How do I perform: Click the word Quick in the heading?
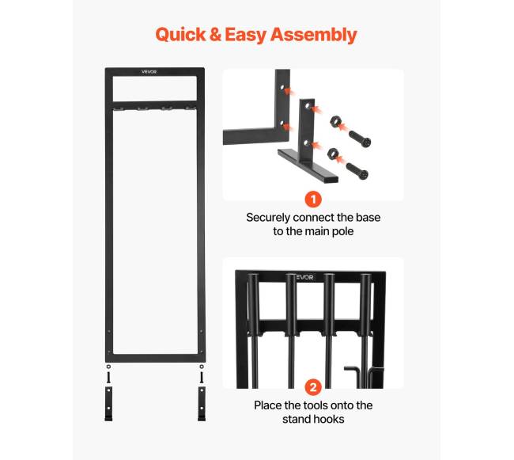180,35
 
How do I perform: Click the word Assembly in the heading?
314,36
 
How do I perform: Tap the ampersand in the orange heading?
215,35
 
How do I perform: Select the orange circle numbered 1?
313,200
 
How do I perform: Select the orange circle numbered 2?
313,387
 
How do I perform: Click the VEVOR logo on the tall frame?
149,71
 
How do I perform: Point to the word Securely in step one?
269,218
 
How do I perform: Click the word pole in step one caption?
343,231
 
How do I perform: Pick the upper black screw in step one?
360,139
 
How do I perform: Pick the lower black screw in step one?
357,171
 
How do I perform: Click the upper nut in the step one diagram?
335,123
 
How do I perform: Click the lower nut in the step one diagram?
332,154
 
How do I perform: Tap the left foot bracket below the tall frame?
108,403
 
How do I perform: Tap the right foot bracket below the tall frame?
202,403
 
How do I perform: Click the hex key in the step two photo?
354,377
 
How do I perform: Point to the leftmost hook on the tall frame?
119,108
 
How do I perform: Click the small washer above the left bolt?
108,367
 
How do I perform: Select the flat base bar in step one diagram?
308,165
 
